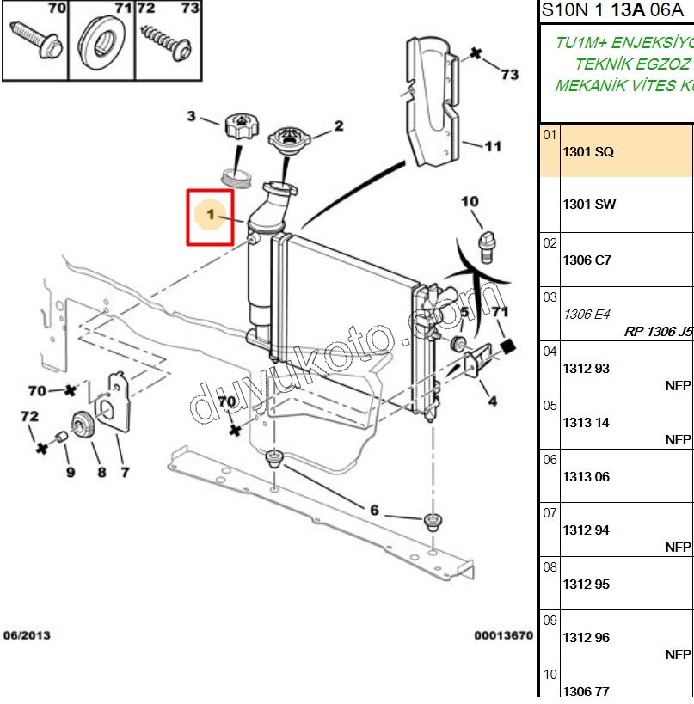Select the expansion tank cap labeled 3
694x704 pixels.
tap(236, 128)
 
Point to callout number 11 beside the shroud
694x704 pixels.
tap(492, 146)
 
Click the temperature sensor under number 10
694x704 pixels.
tap(488, 243)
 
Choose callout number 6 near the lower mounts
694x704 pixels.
tap(374, 511)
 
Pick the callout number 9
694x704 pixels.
tap(71, 472)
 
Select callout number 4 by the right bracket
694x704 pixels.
tap(493, 401)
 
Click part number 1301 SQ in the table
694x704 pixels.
tap(587, 152)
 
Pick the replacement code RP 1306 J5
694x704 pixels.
tap(658, 330)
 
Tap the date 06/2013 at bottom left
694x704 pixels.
tap(27, 635)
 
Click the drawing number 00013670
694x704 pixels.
tap(502, 635)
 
